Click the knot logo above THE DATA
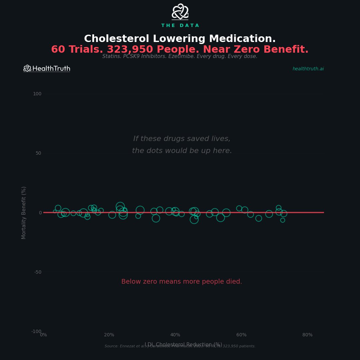(180, 12)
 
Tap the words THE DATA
(180, 26)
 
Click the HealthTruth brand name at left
(51, 69)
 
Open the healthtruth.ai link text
(308, 69)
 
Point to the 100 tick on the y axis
(37, 94)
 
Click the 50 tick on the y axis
(38, 153)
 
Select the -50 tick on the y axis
(38, 272)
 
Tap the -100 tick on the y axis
(36, 331)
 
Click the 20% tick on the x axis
(109, 335)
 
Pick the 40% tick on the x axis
(175, 335)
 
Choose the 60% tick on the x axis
(241, 335)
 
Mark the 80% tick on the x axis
(307, 335)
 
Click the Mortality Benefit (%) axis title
(24, 213)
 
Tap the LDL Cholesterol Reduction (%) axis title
(183, 344)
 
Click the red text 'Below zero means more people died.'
(182, 282)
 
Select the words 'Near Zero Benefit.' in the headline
(256, 50)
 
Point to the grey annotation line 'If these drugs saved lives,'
(182, 139)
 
